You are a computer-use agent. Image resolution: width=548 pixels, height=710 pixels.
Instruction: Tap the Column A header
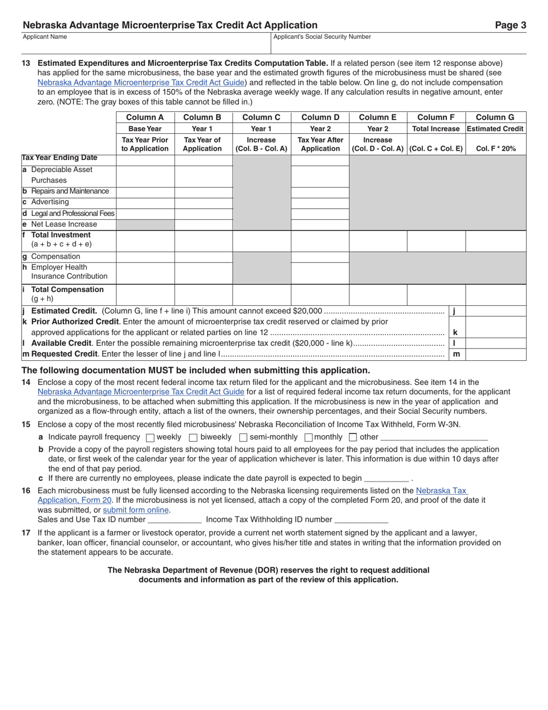click(x=145, y=117)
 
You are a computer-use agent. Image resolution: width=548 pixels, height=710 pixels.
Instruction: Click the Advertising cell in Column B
click(x=203, y=203)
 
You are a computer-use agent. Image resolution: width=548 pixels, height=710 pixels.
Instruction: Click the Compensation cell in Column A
click(x=145, y=257)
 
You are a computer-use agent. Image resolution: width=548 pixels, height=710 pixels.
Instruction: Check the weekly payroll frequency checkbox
click(x=151, y=438)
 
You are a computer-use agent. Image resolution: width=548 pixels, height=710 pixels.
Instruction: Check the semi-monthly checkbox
click(x=243, y=438)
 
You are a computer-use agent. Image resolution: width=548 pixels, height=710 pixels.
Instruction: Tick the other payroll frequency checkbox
click(x=353, y=438)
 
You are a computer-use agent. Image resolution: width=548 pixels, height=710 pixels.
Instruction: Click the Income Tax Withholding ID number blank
click(x=361, y=520)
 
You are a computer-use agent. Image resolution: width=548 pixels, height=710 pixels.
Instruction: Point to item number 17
click(x=26, y=533)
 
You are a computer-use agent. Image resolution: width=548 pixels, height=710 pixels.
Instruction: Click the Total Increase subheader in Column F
click(x=436, y=129)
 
